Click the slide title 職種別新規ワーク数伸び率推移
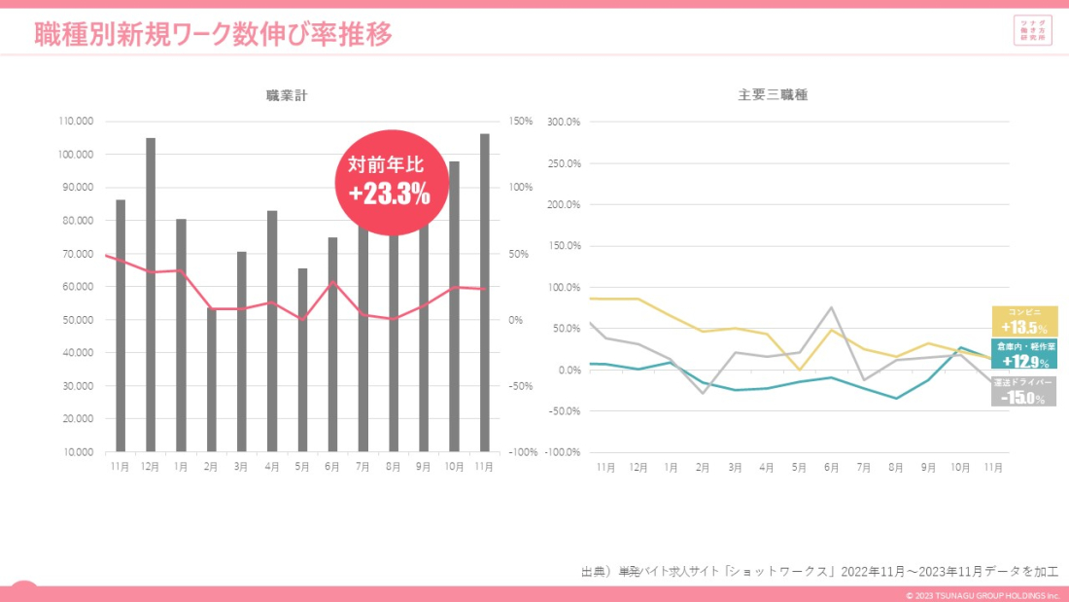pos(214,35)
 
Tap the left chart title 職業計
pos(288,95)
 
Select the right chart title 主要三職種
pos(773,95)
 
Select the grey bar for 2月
pos(212,379)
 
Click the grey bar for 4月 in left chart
pos(272,331)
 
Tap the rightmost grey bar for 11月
pos(485,292)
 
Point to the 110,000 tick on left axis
pos(76,122)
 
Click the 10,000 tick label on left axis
pos(78,452)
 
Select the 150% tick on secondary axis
pos(521,122)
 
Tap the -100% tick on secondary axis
pos(523,452)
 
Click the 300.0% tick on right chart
pos(564,122)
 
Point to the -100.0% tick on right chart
pos(563,452)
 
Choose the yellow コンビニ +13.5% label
pos(1024,322)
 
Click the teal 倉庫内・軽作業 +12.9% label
pos(1024,355)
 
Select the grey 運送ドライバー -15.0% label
pos(1024,391)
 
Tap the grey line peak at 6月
pos(832,308)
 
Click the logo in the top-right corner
pos(1031,30)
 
